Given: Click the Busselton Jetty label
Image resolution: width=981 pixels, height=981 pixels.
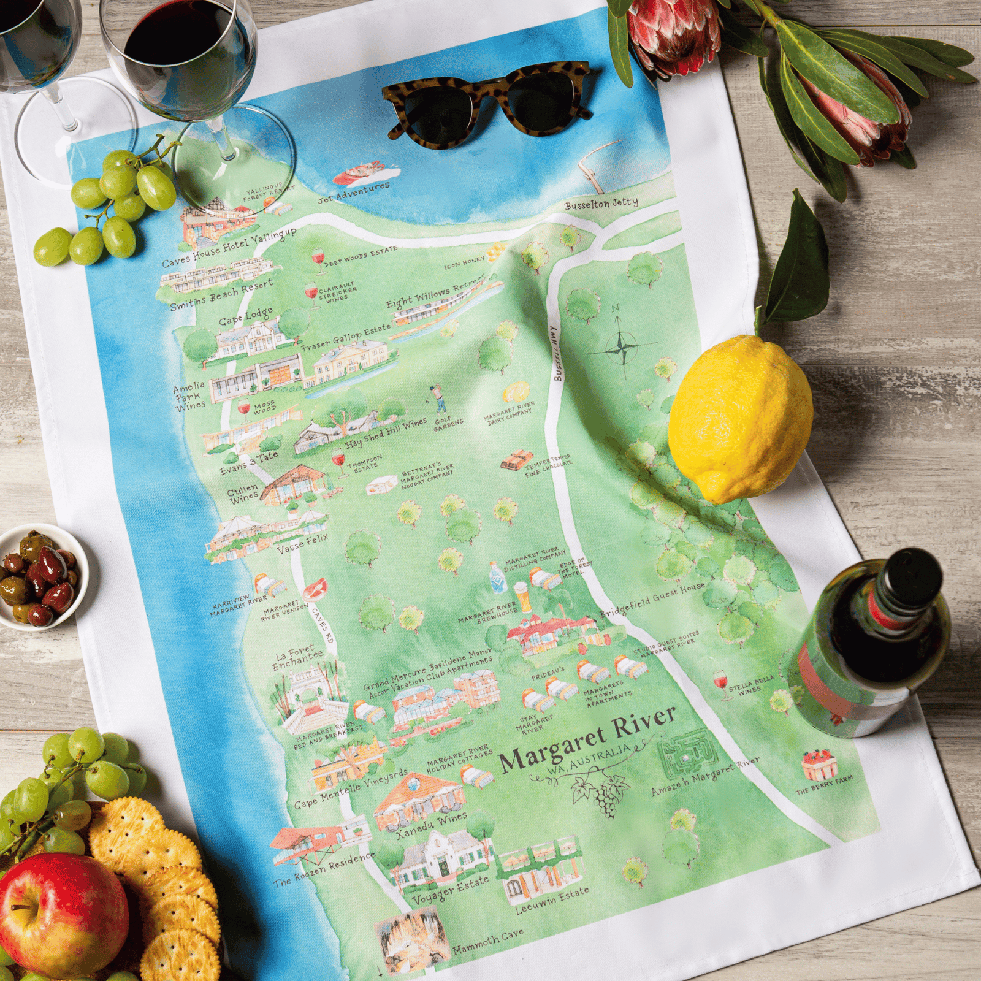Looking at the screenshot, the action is (x=601, y=204).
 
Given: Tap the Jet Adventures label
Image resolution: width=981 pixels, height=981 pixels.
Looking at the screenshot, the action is (x=354, y=193).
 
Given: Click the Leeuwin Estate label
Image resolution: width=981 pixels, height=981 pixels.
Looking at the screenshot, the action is (x=552, y=901).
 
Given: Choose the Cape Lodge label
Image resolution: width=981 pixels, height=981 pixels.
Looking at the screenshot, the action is (x=245, y=318).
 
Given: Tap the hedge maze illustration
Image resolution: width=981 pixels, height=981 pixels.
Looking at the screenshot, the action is (x=687, y=755).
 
